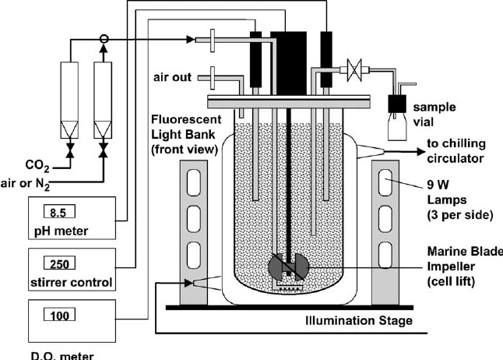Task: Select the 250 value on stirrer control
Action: click(54, 263)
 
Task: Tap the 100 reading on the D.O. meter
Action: click(54, 316)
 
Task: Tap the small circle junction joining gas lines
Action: click(104, 37)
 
